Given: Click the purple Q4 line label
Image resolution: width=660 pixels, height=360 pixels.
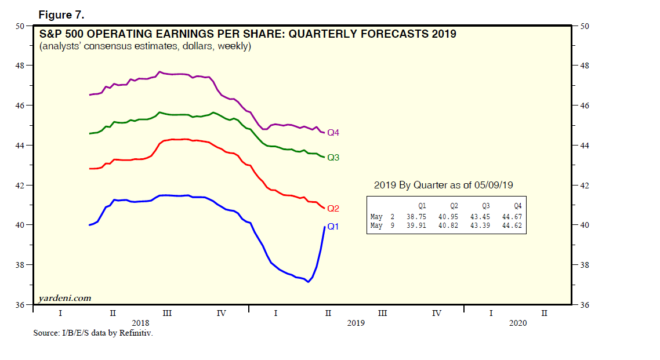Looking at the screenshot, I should [333, 133].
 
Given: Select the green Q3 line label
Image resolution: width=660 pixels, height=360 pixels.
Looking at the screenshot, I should [333, 157].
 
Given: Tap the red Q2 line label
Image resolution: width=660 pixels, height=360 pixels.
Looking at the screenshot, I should [333, 208].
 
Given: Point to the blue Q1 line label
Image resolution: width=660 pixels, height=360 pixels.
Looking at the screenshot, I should [333, 227].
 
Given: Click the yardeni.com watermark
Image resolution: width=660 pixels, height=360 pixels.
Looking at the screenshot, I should [64, 298].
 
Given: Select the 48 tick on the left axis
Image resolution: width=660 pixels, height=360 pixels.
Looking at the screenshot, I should [20, 66].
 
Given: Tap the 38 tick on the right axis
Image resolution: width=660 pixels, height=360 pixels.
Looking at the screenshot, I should [582, 265].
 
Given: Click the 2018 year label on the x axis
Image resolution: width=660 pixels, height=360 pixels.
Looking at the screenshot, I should [140, 323].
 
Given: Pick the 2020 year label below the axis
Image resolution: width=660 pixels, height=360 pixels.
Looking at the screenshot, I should [518, 323].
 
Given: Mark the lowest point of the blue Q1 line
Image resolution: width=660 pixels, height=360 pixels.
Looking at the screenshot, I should [308, 282].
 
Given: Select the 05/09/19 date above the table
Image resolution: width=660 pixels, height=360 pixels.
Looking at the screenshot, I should [495, 185].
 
